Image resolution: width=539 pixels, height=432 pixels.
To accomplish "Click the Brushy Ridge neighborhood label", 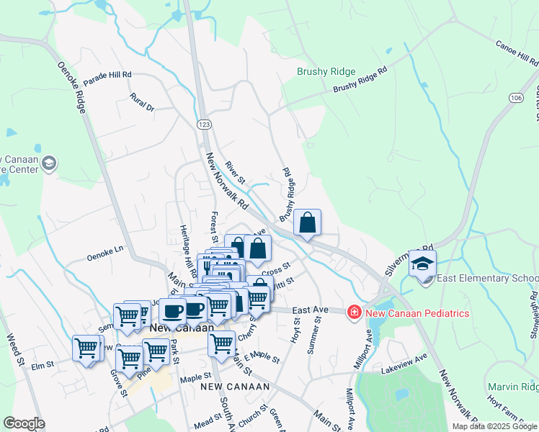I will click(x=326, y=71).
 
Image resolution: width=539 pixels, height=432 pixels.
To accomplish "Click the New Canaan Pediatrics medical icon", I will click(x=354, y=312).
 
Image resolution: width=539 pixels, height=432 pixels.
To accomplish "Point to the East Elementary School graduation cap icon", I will click(x=423, y=264).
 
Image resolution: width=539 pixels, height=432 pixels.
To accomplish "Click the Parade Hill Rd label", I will click(x=107, y=75).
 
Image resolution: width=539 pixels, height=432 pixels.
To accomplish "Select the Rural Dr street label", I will click(x=143, y=103).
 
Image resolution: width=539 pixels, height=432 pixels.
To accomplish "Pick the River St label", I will click(x=236, y=172).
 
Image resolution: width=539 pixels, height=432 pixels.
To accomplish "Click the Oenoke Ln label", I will click(x=106, y=253).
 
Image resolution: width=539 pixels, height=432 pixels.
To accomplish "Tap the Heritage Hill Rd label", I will click(x=186, y=248).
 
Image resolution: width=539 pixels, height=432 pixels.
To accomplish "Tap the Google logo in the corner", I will click(x=24, y=423).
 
